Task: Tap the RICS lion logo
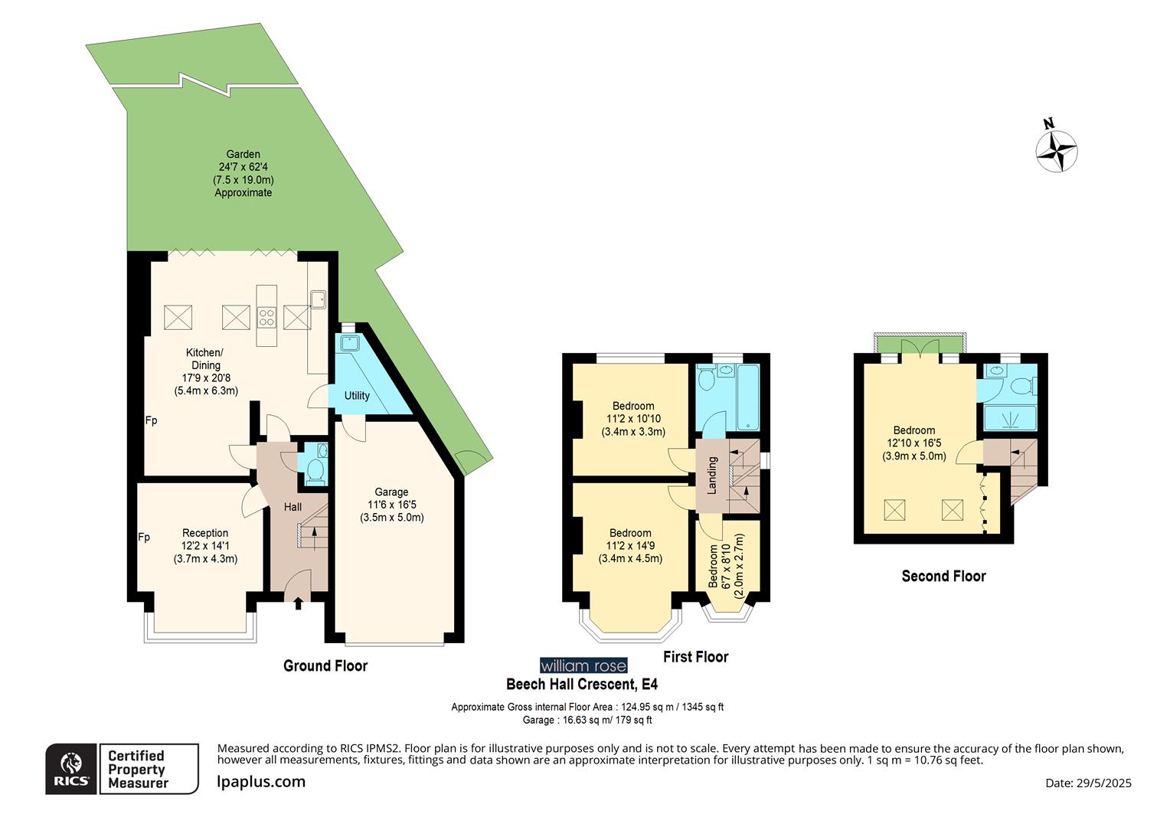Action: (x=71, y=769)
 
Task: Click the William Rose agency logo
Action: (x=583, y=665)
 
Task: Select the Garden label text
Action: (x=243, y=154)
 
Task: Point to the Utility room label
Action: (x=357, y=395)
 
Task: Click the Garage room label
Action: (x=391, y=492)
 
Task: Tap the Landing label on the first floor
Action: (x=712, y=475)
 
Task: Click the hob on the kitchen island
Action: (x=266, y=317)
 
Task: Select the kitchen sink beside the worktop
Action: (x=319, y=299)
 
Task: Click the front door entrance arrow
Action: (x=298, y=604)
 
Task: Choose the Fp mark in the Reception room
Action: (x=143, y=538)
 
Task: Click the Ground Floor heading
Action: (x=325, y=665)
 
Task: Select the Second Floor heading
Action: (x=943, y=576)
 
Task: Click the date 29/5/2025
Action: (x=1102, y=783)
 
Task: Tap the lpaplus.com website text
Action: (x=261, y=782)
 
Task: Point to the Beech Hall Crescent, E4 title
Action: (x=581, y=684)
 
